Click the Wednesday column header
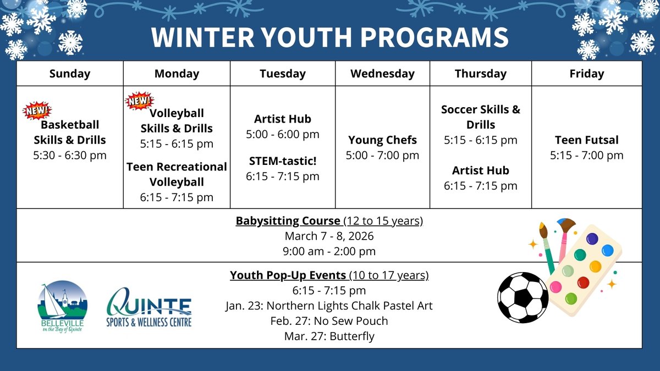pyautogui.click(x=382, y=74)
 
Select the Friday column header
pyautogui.click(x=586, y=74)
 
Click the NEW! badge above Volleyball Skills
pyautogui.click(x=140, y=101)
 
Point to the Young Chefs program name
pyautogui.click(x=382, y=140)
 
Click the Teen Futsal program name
pyautogui.click(x=586, y=140)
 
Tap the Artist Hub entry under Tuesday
pyautogui.click(x=282, y=119)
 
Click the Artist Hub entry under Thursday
pyautogui.click(x=480, y=170)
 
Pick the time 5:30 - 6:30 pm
pyautogui.click(x=69, y=155)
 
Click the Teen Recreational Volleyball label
pyautogui.click(x=177, y=174)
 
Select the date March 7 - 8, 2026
pyautogui.click(x=329, y=236)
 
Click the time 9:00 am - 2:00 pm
pyautogui.click(x=329, y=251)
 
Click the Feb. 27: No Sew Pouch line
pyautogui.click(x=329, y=321)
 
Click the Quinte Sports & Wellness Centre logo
pyautogui.click(x=149, y=309)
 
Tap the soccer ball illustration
pyautogui.click(x=522, y=297)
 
